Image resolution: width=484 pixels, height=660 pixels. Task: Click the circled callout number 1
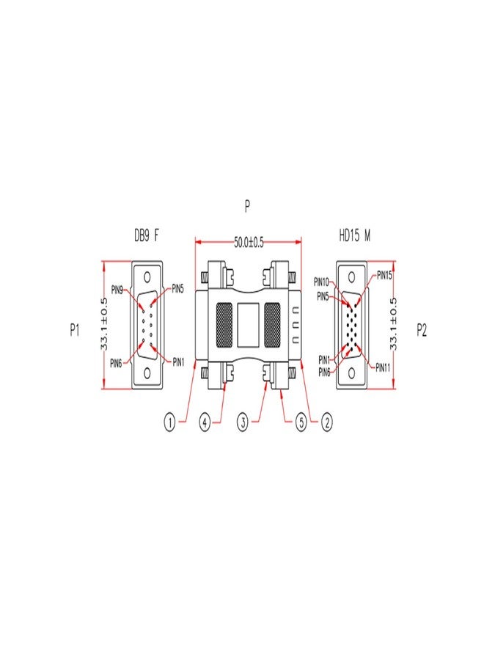[x=169, y=422]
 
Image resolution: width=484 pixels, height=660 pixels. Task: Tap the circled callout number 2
[x=326, y=422]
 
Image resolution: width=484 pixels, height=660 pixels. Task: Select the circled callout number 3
[x=243, y=422]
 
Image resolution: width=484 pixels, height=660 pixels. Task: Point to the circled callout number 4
[x=205, y=422]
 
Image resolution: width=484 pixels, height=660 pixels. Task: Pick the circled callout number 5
[x=301, y=422]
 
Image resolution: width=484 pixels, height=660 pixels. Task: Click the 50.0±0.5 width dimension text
[x=249, y=243]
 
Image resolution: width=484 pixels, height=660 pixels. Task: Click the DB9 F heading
[x=147, y=235]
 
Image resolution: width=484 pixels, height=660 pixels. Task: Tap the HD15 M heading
[x=355, y=235]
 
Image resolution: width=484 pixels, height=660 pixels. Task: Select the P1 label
[x=75, y=331]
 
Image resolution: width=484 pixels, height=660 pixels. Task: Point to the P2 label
[x=421, y=331]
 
